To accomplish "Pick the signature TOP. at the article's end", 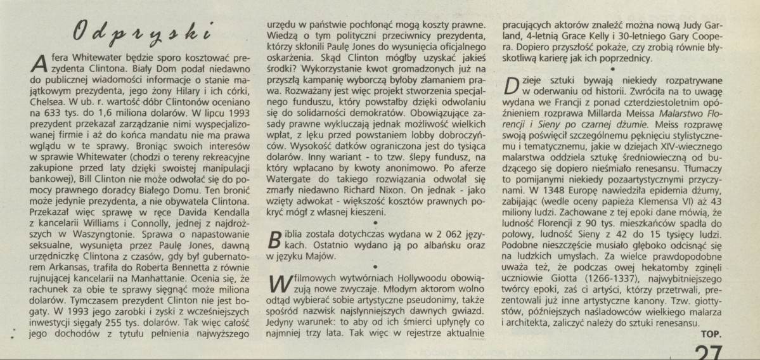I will click(714, 334).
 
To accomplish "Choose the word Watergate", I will click(290, 189).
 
